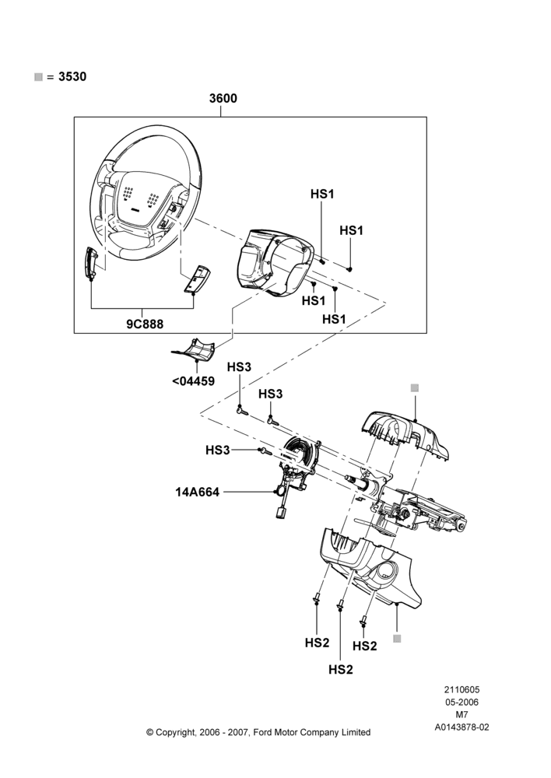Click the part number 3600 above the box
(x=223, y=98)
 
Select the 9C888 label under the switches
(x=145, y=324)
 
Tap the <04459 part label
(x=193, y=381)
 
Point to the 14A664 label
(x=197, y=492)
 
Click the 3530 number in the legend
(x=72, y=76)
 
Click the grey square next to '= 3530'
(x=38, y=77)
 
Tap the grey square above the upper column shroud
(x=415, y=387)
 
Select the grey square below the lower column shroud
(x=397, y=639)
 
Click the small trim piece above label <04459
(x=194, y=350)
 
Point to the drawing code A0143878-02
(x=462, y=727)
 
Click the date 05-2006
(x=462, y=702)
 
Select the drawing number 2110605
(x=462, y=689)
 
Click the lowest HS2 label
(x=341, y=670)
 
